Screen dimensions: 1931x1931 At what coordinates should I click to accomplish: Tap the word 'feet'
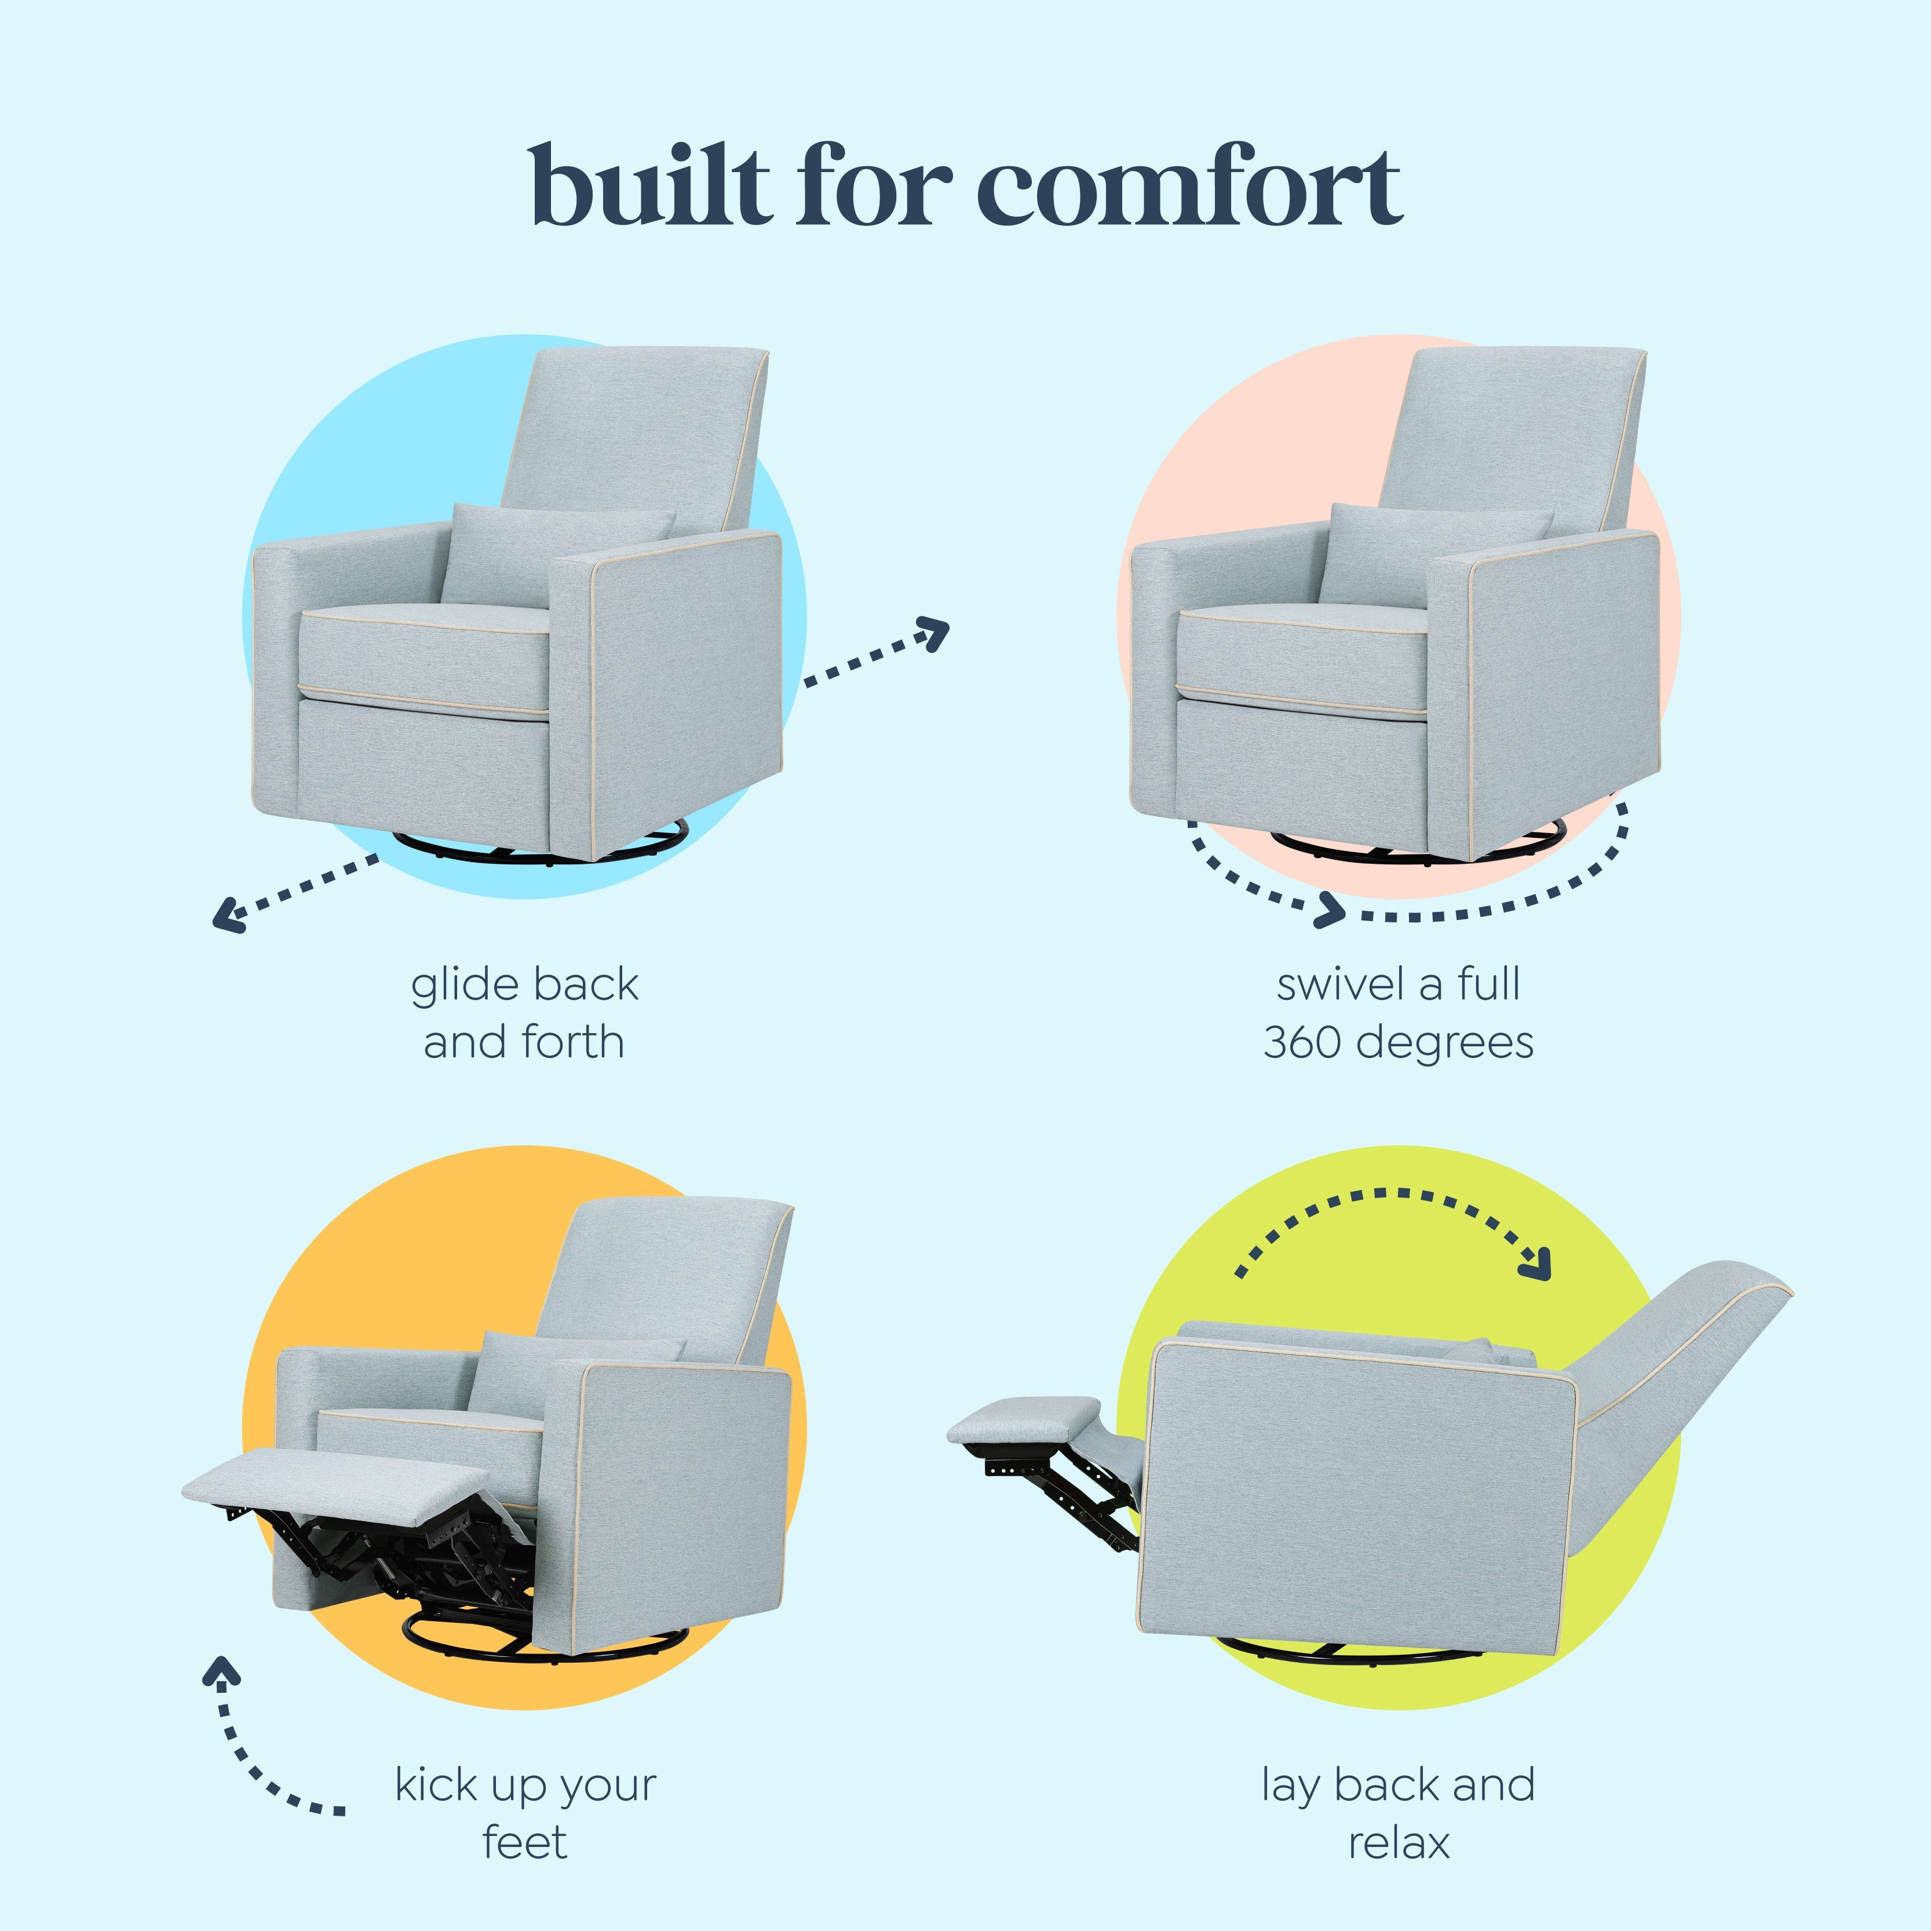525,1843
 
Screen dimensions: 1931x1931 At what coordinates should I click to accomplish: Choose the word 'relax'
1398,1843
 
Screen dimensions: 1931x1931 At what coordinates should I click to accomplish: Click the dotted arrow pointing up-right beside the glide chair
877,652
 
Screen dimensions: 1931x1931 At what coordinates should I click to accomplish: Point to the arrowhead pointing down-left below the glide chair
228,914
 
